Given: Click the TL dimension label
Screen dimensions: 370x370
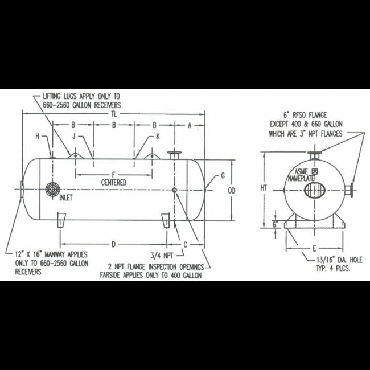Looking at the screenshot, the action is pyautogui.click(x=114, y=114).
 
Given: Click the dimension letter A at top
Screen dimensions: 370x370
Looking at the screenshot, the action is pyautogui.click(x=190, y=125).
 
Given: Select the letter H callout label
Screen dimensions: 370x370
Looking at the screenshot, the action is pyautogui.click(x=37, y=136).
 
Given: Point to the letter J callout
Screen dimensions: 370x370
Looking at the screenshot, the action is pyautogui.click(x=74, y=136).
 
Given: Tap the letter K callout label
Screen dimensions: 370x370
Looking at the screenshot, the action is pyautogui.click(x=158, y=136).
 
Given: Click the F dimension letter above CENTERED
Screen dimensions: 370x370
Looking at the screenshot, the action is pyautogui.click(x=114, y=175).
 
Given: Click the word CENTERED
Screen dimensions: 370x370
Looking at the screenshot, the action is pyautogui.click(x=114, y=182).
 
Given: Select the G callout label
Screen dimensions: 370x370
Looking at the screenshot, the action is pyautogui.click(x=223, y=175).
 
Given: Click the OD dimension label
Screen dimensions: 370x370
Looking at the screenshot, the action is pyautogui.click(x=232, y=191).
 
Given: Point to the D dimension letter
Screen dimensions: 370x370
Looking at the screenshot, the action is pyautogui.click(x=113, y=244).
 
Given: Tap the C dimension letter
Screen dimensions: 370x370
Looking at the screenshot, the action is pyautogui.click(x=185, y=245).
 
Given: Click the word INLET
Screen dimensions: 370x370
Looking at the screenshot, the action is pyautogui.click(x=66, y=198).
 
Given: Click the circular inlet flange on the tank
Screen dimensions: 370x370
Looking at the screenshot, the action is pyautogui.click(x=52, y=189).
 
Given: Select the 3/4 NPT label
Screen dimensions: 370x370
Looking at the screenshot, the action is pyautogui.click(x=162, y=256).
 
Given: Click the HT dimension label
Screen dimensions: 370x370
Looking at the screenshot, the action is pyautogui.click(x=264, y=188).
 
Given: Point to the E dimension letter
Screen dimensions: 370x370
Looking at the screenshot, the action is pyautogui.click(x=314, y=248).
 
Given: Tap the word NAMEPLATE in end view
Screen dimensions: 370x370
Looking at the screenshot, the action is pyautogui.click(x=301, y=179).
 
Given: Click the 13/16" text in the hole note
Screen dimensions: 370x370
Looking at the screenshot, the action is pyautogui.click(x=326, y=260).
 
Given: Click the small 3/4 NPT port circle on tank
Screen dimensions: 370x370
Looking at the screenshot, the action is pyautogui.click(x=175, y=190).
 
